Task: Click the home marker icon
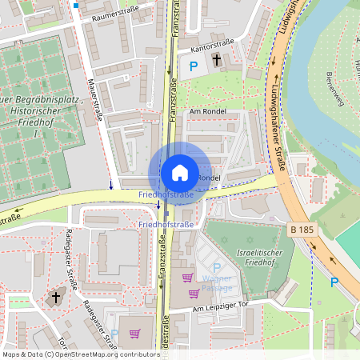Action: (179, 172)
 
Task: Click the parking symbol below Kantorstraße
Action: (193, 69)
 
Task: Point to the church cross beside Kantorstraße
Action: (218, 61)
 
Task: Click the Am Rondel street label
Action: (208, 111)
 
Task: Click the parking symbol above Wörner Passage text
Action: (216, 267)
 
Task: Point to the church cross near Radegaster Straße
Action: (55, 297)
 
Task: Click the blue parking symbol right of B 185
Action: (334, 282)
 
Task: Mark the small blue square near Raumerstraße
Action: (76, 6)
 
